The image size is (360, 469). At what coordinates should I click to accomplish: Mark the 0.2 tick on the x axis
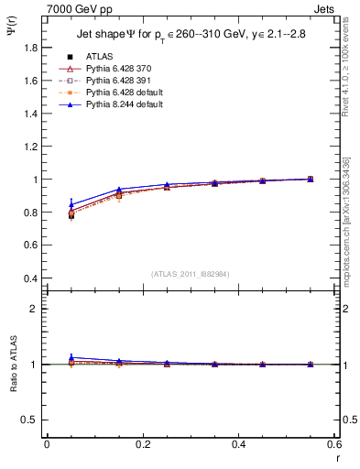(142, 444)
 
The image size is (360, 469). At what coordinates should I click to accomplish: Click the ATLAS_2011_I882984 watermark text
(190, 274)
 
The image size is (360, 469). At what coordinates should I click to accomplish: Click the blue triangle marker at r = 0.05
(71, 204)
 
